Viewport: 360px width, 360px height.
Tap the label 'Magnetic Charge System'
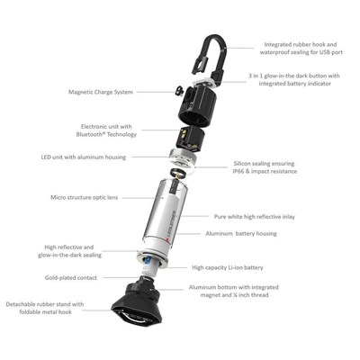(x=101, y=91)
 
